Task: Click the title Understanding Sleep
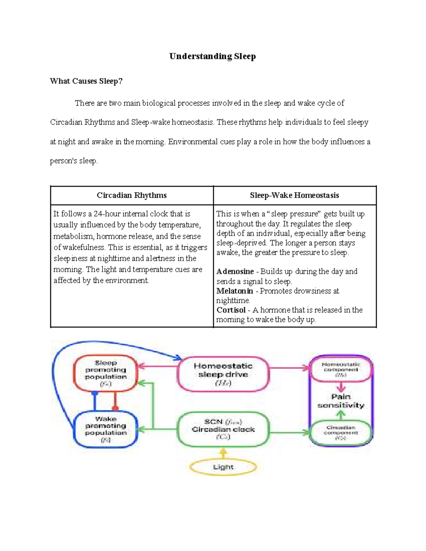coord(212,56)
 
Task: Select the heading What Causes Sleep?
coord(86,81)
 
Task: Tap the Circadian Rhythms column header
coord(132,195)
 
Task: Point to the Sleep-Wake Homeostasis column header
coord(294,195)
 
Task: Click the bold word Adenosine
coord(235,272)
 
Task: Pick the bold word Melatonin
coord(235,291)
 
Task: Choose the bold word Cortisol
coord(231,310)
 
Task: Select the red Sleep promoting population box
coord(105,373)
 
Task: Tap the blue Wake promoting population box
coord(105,429)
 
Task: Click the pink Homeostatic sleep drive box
coord(223,374)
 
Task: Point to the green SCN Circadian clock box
coord(223,429)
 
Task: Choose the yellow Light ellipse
coord(223,467)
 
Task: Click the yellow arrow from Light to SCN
coord(223,453)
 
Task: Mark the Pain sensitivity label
coord(341,401)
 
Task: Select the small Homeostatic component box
coord(341,369)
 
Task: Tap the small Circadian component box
coord(341,432)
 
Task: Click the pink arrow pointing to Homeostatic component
coord(289,368)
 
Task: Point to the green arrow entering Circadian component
coord(289,432)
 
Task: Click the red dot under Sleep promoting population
coord(115,408)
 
